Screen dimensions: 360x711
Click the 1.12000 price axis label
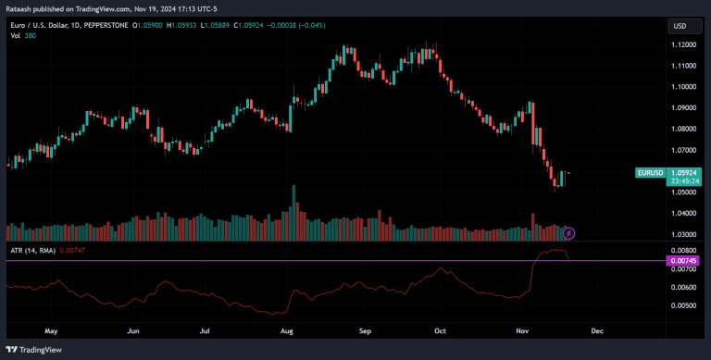[683, 44]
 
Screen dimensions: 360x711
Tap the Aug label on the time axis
[287, 329]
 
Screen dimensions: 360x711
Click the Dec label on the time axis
[596, 329]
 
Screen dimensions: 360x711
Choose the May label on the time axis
[51, 329]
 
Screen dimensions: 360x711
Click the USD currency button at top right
[682, 25]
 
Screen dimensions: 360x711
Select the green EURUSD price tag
[649, 172]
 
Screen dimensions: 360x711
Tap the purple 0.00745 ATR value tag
[683, 261]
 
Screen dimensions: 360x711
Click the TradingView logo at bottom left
[36, 350]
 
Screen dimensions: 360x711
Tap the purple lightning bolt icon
[568, 233]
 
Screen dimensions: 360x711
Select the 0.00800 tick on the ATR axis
[683, 250]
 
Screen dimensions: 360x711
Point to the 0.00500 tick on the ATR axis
[683, 304]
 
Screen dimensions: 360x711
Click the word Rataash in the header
[20, 8]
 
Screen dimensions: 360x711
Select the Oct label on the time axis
[441, 329]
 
